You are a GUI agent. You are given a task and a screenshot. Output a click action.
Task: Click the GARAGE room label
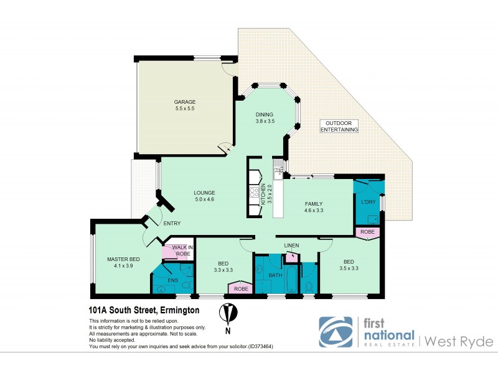185,102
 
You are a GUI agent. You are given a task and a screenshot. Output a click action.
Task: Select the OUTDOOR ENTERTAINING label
339,126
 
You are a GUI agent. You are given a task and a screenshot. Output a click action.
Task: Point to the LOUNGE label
204,192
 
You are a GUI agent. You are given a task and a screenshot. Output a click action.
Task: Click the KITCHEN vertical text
263,195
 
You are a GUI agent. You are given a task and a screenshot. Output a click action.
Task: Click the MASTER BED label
123,259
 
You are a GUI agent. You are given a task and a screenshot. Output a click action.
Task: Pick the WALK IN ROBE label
181,251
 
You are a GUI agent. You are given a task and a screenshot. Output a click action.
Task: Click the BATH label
275,275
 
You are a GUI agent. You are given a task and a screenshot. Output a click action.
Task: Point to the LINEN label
291,246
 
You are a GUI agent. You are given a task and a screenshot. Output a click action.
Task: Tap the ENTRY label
172,224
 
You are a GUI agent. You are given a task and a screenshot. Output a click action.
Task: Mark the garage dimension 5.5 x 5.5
185,109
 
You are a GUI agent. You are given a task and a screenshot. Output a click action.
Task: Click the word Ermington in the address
179,309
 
